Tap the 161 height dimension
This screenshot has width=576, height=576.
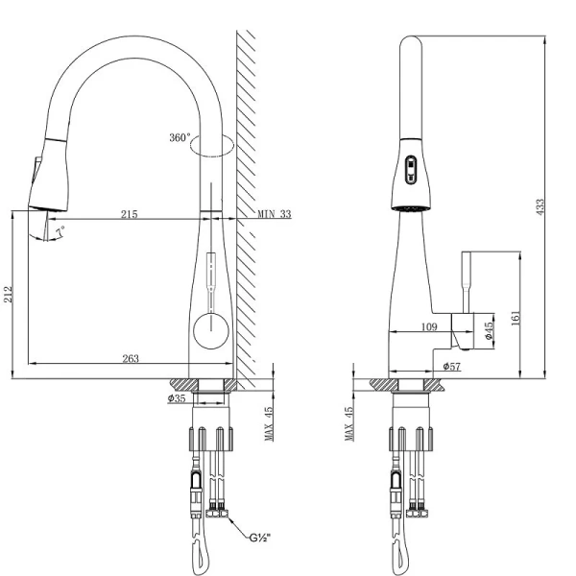click(x=516, y=318)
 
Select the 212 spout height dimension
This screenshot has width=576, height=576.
click(x=9, y=294)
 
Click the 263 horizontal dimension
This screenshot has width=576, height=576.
click(x=132, y=358)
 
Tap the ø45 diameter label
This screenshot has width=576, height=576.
click(x=489, y=331)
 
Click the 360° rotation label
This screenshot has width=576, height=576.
click(x=180, y=137)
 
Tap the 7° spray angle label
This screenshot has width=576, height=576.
click(x=61, y=233)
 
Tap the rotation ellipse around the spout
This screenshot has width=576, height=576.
click(x=212, y=145)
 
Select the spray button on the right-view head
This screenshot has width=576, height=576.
click(x=411, y=169)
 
